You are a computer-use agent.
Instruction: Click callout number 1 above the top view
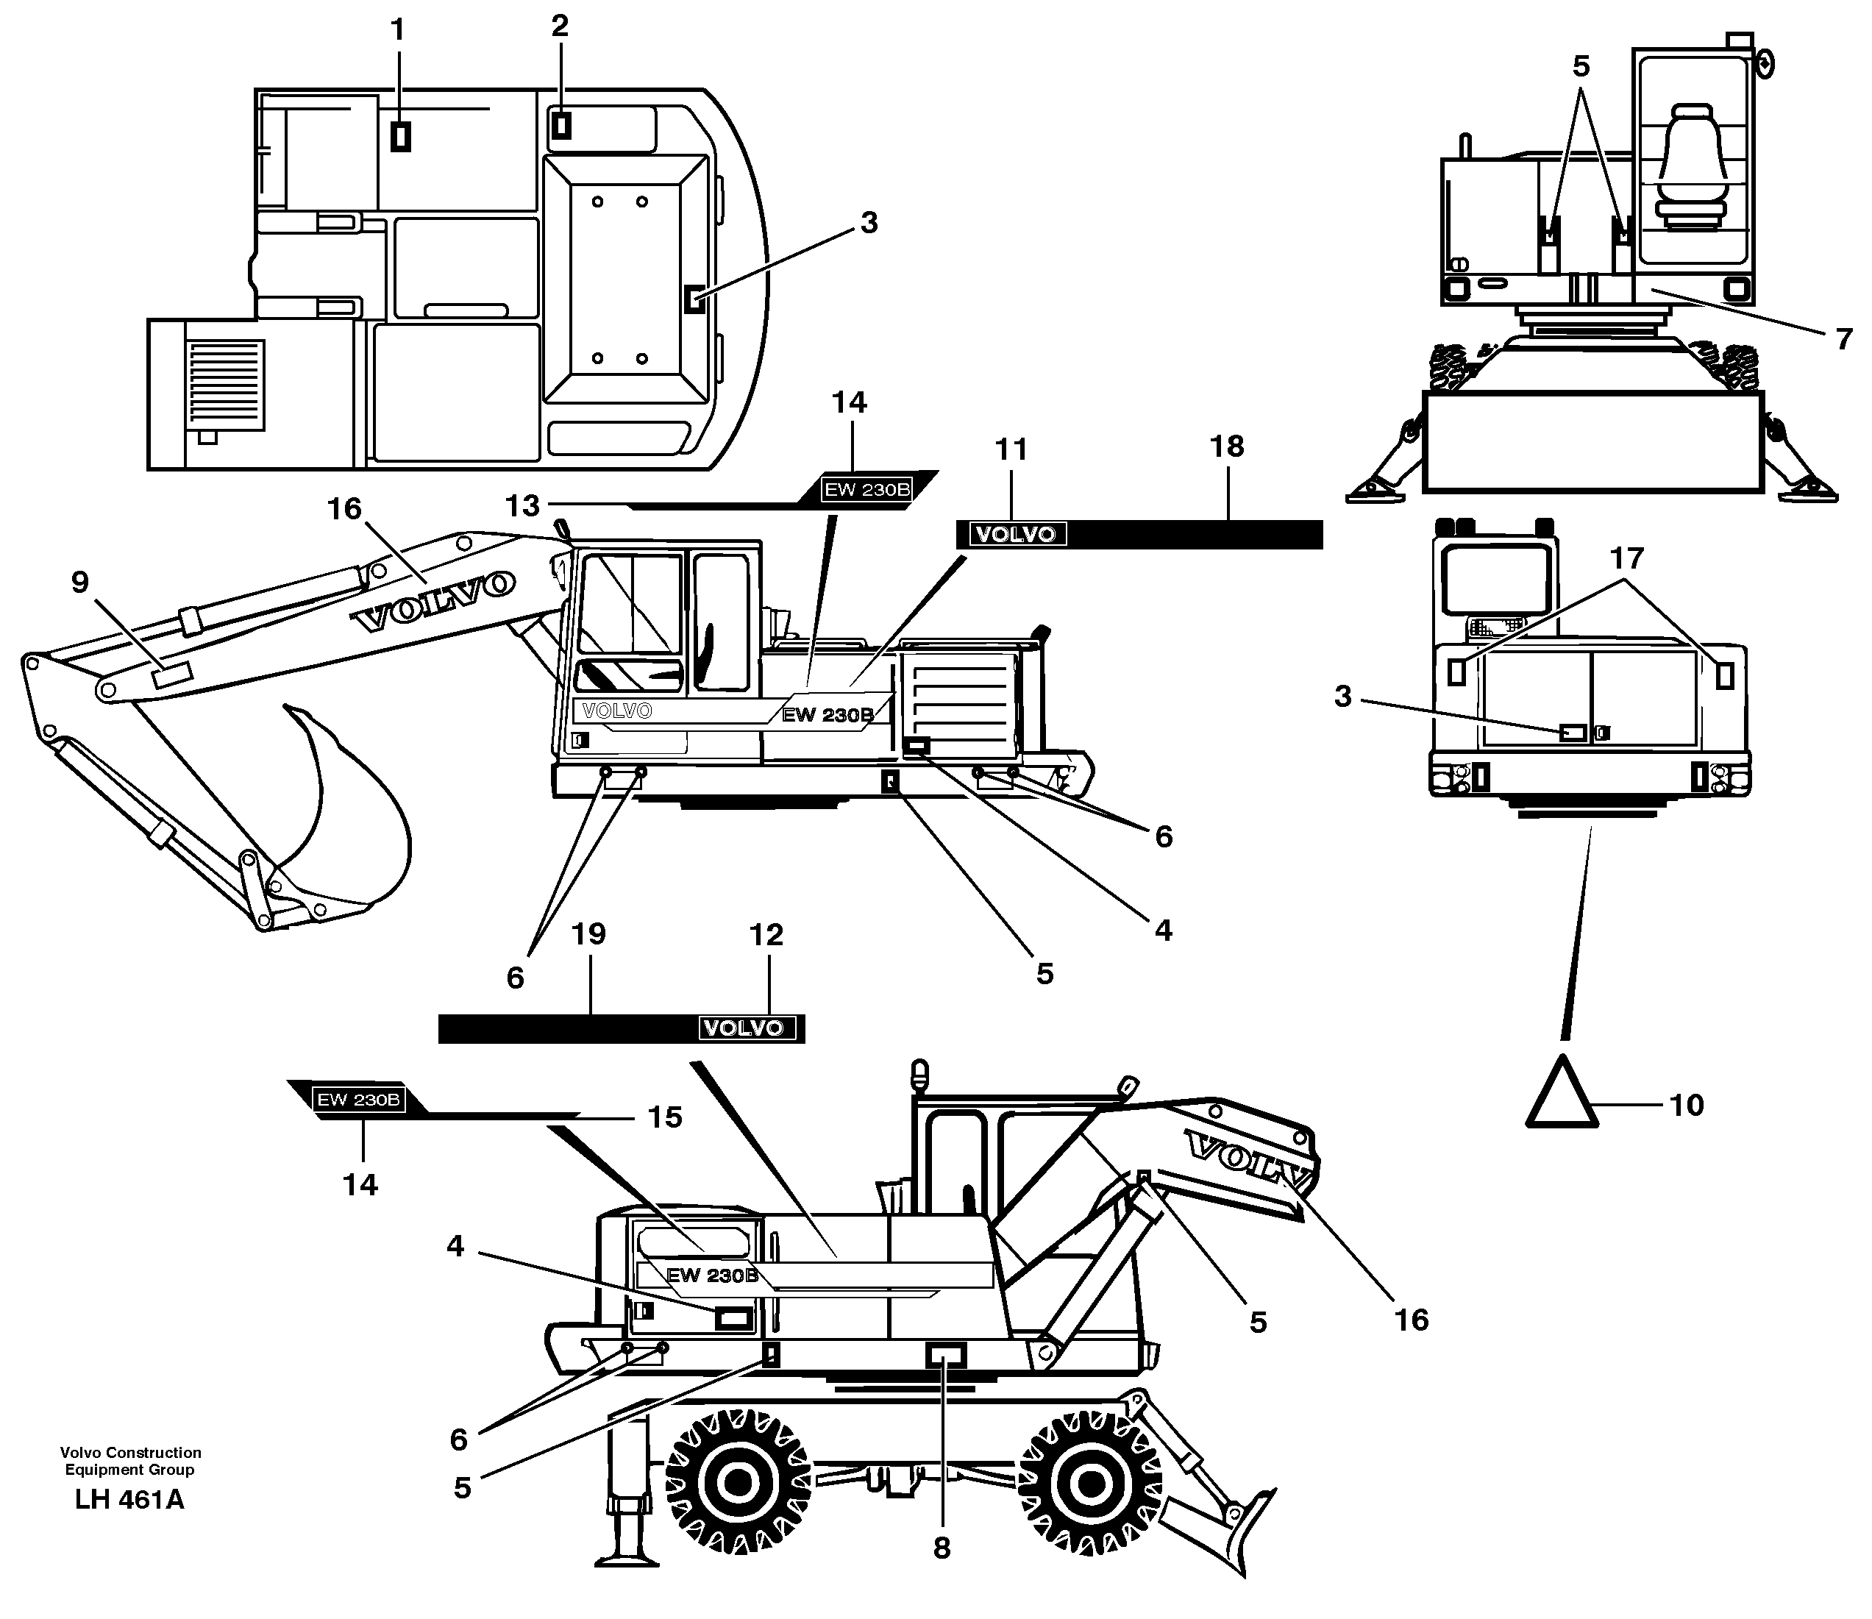397,31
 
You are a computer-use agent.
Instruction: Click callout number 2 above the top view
560,26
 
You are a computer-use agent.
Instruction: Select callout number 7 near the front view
1844,340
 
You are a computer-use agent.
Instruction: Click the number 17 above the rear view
1626,558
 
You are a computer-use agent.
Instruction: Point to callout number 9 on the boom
80,583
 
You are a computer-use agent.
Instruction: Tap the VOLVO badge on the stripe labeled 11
1017,534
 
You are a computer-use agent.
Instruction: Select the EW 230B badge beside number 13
866,490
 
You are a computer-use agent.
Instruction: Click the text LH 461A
129,1501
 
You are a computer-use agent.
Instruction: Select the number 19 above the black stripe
589,934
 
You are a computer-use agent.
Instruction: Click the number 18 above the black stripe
1227,446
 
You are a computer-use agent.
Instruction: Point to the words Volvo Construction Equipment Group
130,1461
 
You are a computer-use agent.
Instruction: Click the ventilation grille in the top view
226,385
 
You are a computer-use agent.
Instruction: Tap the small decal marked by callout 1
400,136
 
